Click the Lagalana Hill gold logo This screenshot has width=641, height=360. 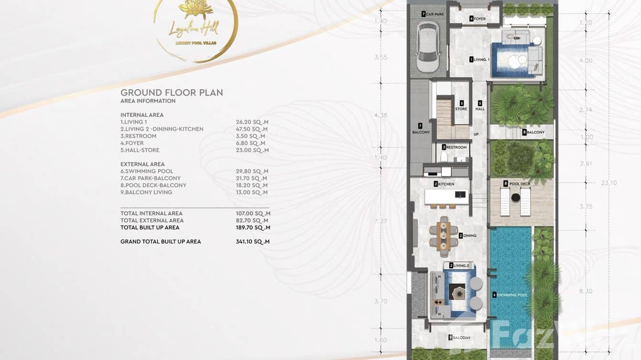(195, 29)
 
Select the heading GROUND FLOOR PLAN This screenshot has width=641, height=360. (171, 93)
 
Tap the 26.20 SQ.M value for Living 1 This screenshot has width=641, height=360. (252, 122)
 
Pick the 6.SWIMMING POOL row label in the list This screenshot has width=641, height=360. (147, 171)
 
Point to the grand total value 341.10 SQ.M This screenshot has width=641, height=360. (252, 242)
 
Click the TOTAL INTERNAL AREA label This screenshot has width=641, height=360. (151, 213)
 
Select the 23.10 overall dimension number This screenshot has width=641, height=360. (609, 182)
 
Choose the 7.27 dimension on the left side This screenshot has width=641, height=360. (381, 222)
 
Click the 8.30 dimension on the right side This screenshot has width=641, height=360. (586, 291)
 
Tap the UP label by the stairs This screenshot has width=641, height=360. (476, 135)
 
